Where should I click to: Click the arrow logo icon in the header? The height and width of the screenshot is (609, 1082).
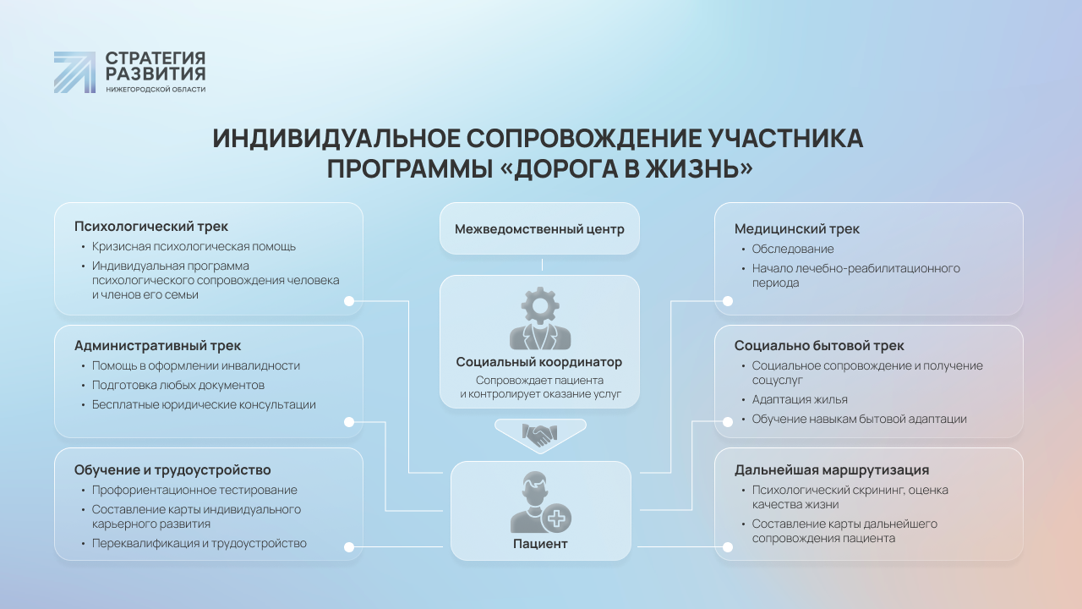click(74, 72)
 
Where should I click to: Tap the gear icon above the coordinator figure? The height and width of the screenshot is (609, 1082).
click(540, 305)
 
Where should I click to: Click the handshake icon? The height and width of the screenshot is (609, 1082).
click(540, 435)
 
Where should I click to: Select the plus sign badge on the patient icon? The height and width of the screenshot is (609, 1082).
click(556, 518)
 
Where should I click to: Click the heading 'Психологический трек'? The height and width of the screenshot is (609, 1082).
click(150, 226)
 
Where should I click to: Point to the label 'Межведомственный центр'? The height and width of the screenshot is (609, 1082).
click(539, 229)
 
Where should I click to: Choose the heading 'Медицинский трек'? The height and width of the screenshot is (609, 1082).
click(796, 228)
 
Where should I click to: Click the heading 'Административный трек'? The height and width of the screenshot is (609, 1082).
click(157, 346)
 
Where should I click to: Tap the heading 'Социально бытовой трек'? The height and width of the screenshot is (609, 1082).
click(819, 346)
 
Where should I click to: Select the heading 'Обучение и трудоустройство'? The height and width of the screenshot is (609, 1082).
click(172, 469)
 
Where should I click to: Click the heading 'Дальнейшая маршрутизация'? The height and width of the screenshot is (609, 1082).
click(832, 469)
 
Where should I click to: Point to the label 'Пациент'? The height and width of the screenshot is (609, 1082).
click(540, 544)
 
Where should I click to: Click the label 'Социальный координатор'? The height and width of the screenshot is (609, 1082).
click(539, 362)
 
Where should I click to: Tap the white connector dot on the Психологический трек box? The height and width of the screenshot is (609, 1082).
click(349, 301)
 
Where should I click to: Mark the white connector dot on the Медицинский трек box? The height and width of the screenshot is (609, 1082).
click(728, 301)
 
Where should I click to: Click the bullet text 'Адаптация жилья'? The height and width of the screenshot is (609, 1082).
click(800, 400)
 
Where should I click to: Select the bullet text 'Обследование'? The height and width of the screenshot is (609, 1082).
click(793, 249)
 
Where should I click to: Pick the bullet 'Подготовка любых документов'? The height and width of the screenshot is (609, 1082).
click(178, 385)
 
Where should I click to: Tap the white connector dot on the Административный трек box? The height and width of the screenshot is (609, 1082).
click(349, 422)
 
